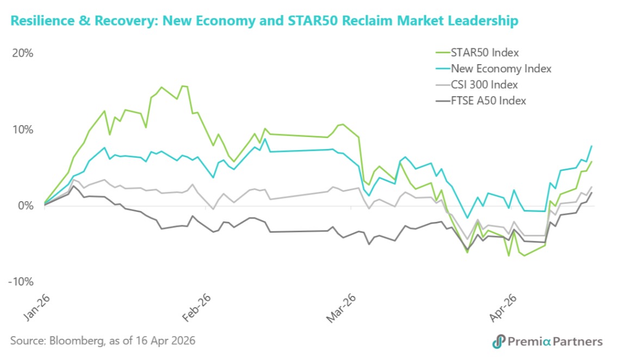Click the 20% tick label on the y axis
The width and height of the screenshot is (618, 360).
[22, 53]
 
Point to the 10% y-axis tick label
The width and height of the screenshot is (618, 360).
[22, 129]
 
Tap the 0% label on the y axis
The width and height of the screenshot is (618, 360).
[25, 206]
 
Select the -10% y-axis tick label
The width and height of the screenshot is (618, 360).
[21, 282]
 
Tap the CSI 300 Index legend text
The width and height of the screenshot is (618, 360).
[484, 84]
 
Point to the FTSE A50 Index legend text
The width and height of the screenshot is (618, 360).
[488, 100]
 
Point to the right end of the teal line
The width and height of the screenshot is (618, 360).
[591, 146]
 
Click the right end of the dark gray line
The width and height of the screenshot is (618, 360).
[591, 193]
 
